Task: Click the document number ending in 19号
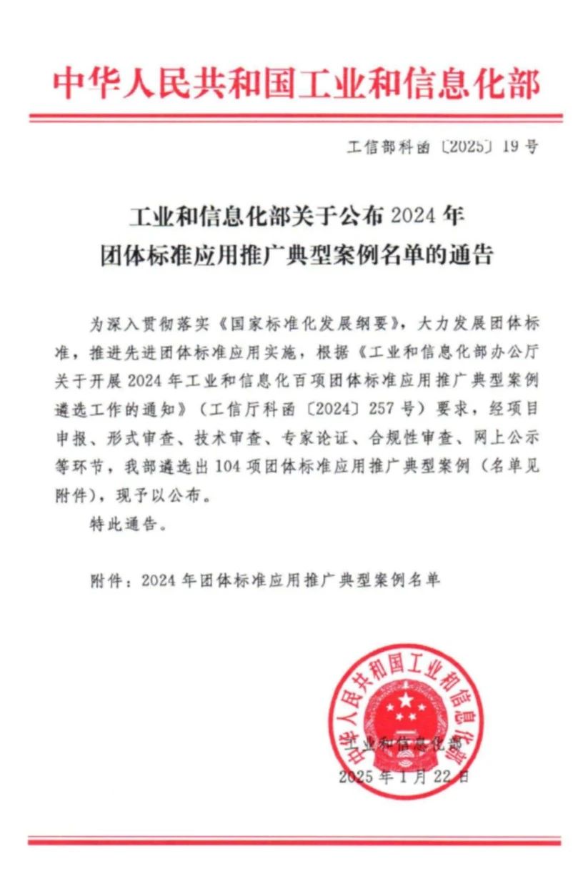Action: [443, 147]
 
